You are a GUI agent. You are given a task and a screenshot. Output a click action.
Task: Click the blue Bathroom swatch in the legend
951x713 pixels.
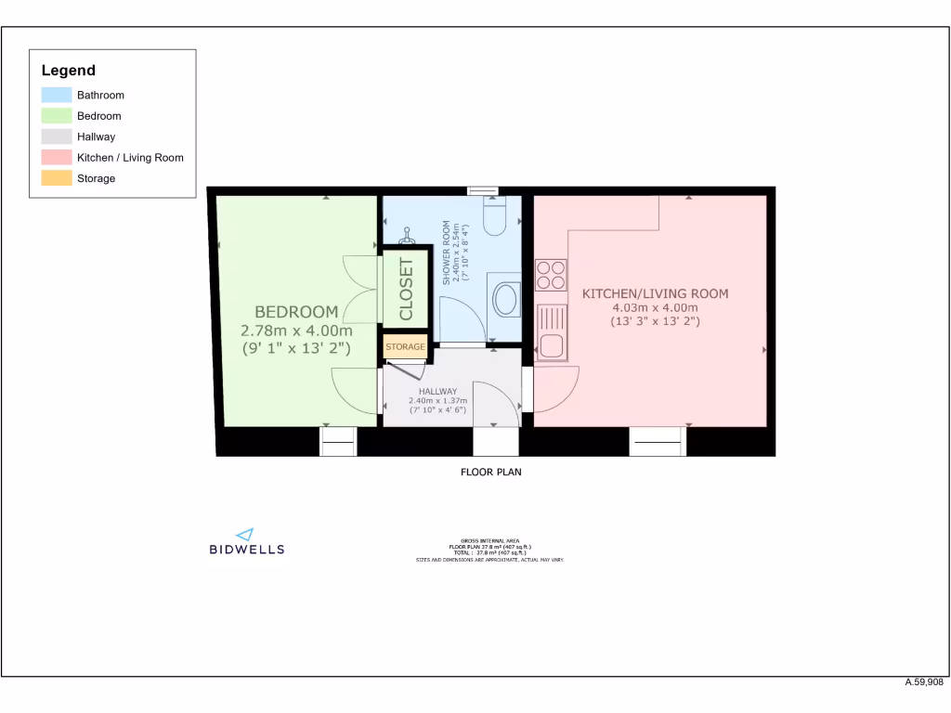pyautogui.click(x=57, y=95)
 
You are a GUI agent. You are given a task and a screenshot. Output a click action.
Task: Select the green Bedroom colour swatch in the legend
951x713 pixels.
pyautogui.click(x=57, y=116)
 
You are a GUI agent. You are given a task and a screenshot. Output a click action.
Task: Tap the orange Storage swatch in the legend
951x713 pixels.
pyautogui.click(x=57, y=178)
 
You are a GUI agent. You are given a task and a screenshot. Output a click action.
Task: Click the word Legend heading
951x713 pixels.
pyautogui.click(x=68, y=71)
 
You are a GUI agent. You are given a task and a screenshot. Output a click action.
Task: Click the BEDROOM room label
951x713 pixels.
pyautogui.click(x=296, y=311)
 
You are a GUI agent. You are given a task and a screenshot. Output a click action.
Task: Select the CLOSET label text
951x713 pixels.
pyautogui.click(x=406, y=289)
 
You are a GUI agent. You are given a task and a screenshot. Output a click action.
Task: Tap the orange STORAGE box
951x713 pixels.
pyautogui.click(x=405, y=347)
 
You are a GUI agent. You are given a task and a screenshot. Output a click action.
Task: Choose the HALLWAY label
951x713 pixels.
pyautogui.click(x=437, y=392)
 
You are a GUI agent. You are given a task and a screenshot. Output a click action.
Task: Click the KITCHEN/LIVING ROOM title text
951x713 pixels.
pyautogui.click(x=655, y=293)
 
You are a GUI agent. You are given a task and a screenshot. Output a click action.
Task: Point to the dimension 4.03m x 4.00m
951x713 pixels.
pyautogui.click(x=655, y=308)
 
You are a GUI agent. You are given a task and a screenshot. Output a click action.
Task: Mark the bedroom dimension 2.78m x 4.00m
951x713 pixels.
pyautogui.click(x=296, y=331)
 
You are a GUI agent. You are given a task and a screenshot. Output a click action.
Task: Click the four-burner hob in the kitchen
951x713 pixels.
pyautogui.click(x=551, y=275)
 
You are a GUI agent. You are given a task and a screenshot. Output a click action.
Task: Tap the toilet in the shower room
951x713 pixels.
pyautogui.click(x=494, y=216)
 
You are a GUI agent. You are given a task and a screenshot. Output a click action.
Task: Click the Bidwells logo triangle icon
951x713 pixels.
pyautogui.click(x=245, y=534)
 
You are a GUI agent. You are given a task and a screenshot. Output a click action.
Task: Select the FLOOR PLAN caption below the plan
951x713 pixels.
pyautogui.click(x=491, y=473)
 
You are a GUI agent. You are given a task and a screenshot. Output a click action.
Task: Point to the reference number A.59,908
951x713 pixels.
pyautogui.click(x=925, y=682)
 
